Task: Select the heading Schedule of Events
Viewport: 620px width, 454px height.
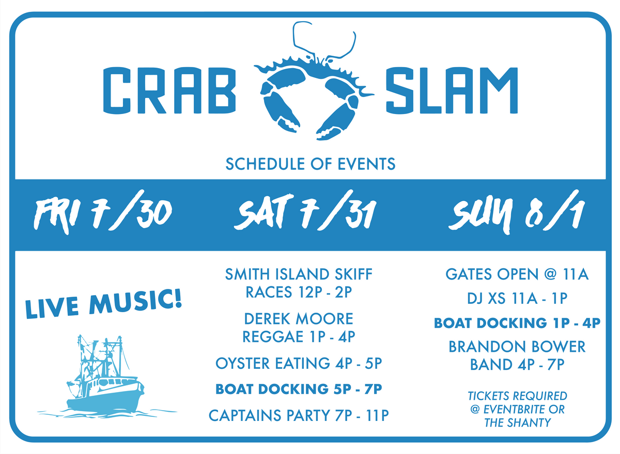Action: click(310, 164)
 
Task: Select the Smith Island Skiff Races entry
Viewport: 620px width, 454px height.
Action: click(299, 283)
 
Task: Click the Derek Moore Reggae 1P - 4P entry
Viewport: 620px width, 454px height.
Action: click(299, 327)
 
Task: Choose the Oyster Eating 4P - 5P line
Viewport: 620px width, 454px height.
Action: click(299, 364)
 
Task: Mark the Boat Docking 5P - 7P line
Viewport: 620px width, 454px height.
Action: click(299, 389)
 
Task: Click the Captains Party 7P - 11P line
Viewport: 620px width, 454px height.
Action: click(299, 415)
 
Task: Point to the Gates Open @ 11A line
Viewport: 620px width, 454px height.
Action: click(517, 274)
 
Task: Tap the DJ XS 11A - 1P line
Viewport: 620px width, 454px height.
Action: click(517, 299)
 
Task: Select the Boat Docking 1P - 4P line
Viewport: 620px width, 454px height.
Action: click(517, 323)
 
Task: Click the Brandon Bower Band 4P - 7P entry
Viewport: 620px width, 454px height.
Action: click(517, 355)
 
